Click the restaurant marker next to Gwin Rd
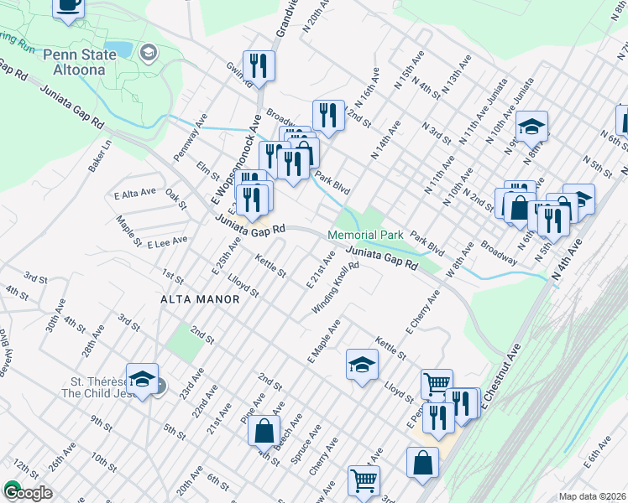259,66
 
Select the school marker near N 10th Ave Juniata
531,127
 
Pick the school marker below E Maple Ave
362,365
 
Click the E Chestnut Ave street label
501,377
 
